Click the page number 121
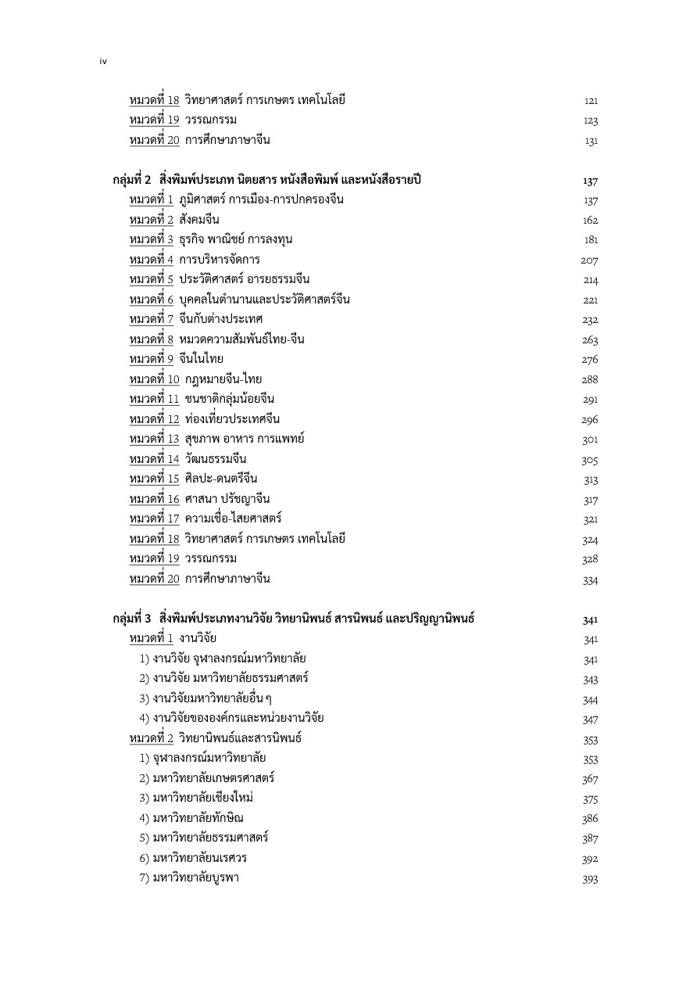click(591, 101)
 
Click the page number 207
click(589, 260)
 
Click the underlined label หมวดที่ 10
click(155, 379)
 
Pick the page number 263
click(590, 340)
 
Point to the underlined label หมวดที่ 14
click(155, 459)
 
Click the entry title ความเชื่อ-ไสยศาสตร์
click(234, 519)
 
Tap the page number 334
click(590, 580)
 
